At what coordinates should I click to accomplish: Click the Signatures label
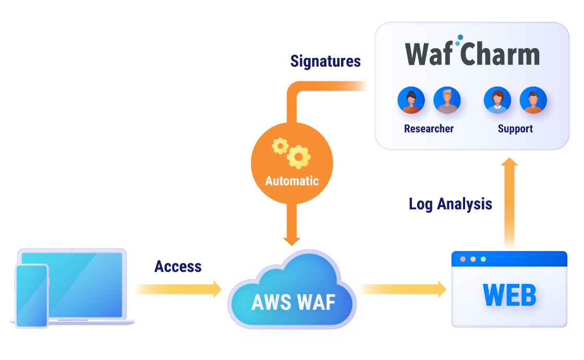point(325,62)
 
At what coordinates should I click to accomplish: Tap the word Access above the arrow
point(178,267)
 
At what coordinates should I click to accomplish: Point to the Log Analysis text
point(450,203)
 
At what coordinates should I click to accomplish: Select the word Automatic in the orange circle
point(291,181)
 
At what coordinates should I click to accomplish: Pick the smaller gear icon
point(281,146)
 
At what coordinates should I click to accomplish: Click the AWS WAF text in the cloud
point(293,302)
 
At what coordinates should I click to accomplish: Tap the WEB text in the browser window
point(509,295)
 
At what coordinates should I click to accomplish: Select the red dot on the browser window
point(461,259)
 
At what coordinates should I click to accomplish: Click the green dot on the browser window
point(483,259)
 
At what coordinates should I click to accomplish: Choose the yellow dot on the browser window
point(472,259)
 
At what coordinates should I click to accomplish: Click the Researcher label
point(429,128)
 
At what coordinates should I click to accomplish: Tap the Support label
point(515,128)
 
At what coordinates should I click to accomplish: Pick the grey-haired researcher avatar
point(447,100)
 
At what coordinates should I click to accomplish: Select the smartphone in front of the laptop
point(32,296)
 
